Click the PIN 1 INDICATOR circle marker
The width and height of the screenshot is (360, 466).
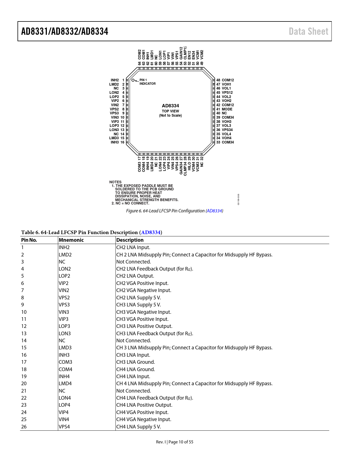(x=133, y=80)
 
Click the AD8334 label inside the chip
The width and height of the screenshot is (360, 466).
(x=170, y=106)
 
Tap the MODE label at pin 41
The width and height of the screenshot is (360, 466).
(x=227, y=109)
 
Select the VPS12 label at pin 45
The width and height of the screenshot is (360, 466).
(x=227, y=93)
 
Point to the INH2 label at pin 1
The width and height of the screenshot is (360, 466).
(x=115, y=80)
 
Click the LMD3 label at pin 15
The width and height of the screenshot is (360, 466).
(x=114, y=138)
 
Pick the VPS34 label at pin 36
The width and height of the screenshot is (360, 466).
(x=227, y=130)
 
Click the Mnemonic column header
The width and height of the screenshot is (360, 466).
(x=71, y=240)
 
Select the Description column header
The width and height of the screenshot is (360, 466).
(x=130, y=240)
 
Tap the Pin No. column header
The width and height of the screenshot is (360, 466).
(x=29, y=240)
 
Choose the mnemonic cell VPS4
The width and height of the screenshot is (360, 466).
(x=64, y=427)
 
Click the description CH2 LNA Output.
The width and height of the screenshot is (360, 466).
(x=135, y=276)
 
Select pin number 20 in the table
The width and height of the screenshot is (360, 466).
(x=24, y=384)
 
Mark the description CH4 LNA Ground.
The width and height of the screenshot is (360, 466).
(x=136, y=369)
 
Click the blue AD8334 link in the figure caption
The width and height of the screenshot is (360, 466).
(x=214, y=211)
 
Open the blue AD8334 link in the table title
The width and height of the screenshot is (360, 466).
(x=151, y=232)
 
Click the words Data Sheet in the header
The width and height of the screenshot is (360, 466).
(x=308, y=31)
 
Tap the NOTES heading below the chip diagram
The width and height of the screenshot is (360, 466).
(x=115, y=182)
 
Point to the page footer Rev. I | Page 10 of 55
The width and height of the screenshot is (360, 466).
(x=174, y=442)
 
